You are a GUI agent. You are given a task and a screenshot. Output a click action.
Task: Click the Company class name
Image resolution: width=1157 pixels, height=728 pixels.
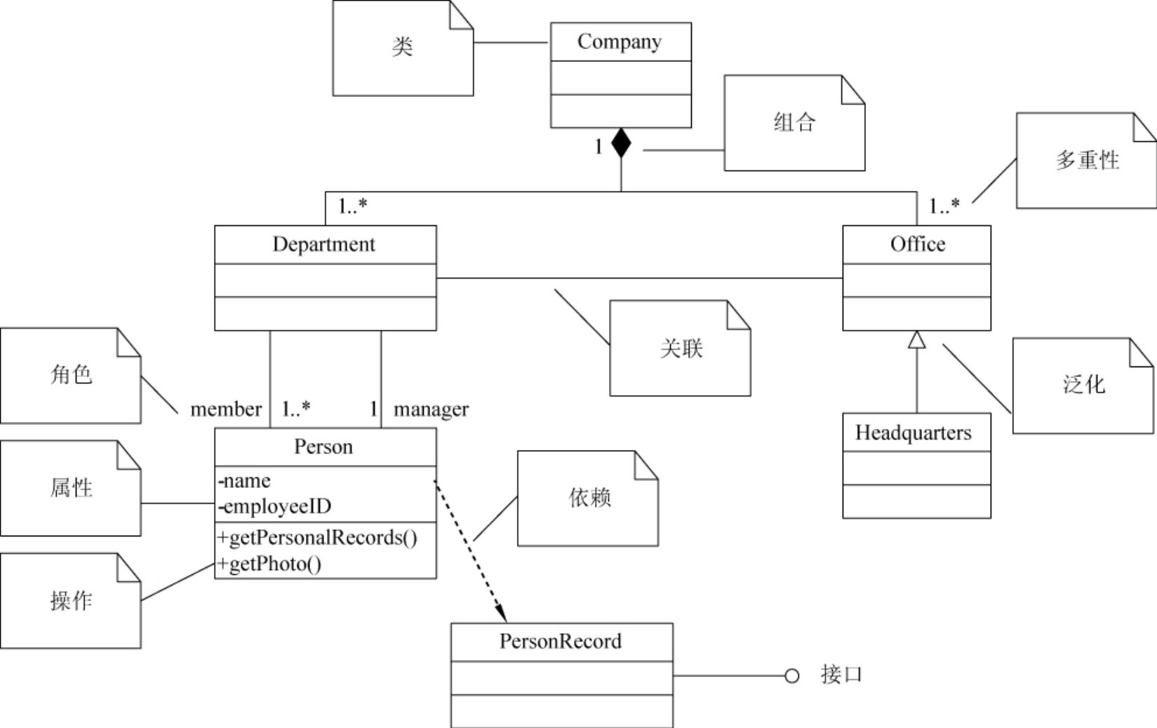[620, 42]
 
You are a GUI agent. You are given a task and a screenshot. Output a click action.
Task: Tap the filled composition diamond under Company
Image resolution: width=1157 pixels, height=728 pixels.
[621, 143]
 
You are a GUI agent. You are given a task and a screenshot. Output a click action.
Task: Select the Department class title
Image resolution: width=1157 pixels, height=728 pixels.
[323, 244]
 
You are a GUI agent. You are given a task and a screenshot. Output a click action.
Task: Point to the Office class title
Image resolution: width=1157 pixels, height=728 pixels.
[917, 244]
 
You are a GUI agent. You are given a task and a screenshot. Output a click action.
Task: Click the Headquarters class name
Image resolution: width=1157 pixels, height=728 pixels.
[913, 432]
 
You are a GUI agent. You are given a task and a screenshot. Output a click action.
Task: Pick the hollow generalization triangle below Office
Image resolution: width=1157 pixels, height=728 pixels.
[916, 340]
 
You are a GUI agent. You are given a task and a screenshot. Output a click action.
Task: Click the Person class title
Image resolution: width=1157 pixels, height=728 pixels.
[323, 446]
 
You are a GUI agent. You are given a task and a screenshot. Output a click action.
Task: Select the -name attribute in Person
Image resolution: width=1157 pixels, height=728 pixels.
[245, 481]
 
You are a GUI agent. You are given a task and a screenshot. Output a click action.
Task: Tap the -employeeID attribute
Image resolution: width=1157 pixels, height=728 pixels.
[275, 506]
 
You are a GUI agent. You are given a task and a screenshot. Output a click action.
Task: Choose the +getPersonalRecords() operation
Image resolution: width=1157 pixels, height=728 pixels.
[317, 538]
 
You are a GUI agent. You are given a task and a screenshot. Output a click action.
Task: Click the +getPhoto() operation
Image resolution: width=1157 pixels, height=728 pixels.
[269, 564]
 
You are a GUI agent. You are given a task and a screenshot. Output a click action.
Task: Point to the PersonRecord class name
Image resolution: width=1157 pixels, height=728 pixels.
[560, 641]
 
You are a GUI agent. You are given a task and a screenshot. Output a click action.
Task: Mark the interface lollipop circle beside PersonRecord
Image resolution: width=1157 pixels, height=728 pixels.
[791, 676]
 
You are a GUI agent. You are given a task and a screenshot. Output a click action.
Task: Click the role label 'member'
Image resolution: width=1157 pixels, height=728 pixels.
[225, 409]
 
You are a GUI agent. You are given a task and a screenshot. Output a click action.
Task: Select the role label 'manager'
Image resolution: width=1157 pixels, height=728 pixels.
[431, 409]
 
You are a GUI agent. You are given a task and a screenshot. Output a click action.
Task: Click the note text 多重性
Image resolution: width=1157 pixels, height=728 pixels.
[1087, 160]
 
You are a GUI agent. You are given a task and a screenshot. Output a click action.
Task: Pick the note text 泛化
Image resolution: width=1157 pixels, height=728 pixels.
[1083, 384]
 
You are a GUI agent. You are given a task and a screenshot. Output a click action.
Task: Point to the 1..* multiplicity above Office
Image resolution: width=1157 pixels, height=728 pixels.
[944, 206]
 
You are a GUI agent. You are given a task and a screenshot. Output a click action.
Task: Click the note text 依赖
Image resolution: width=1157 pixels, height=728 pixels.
[589, 498]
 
